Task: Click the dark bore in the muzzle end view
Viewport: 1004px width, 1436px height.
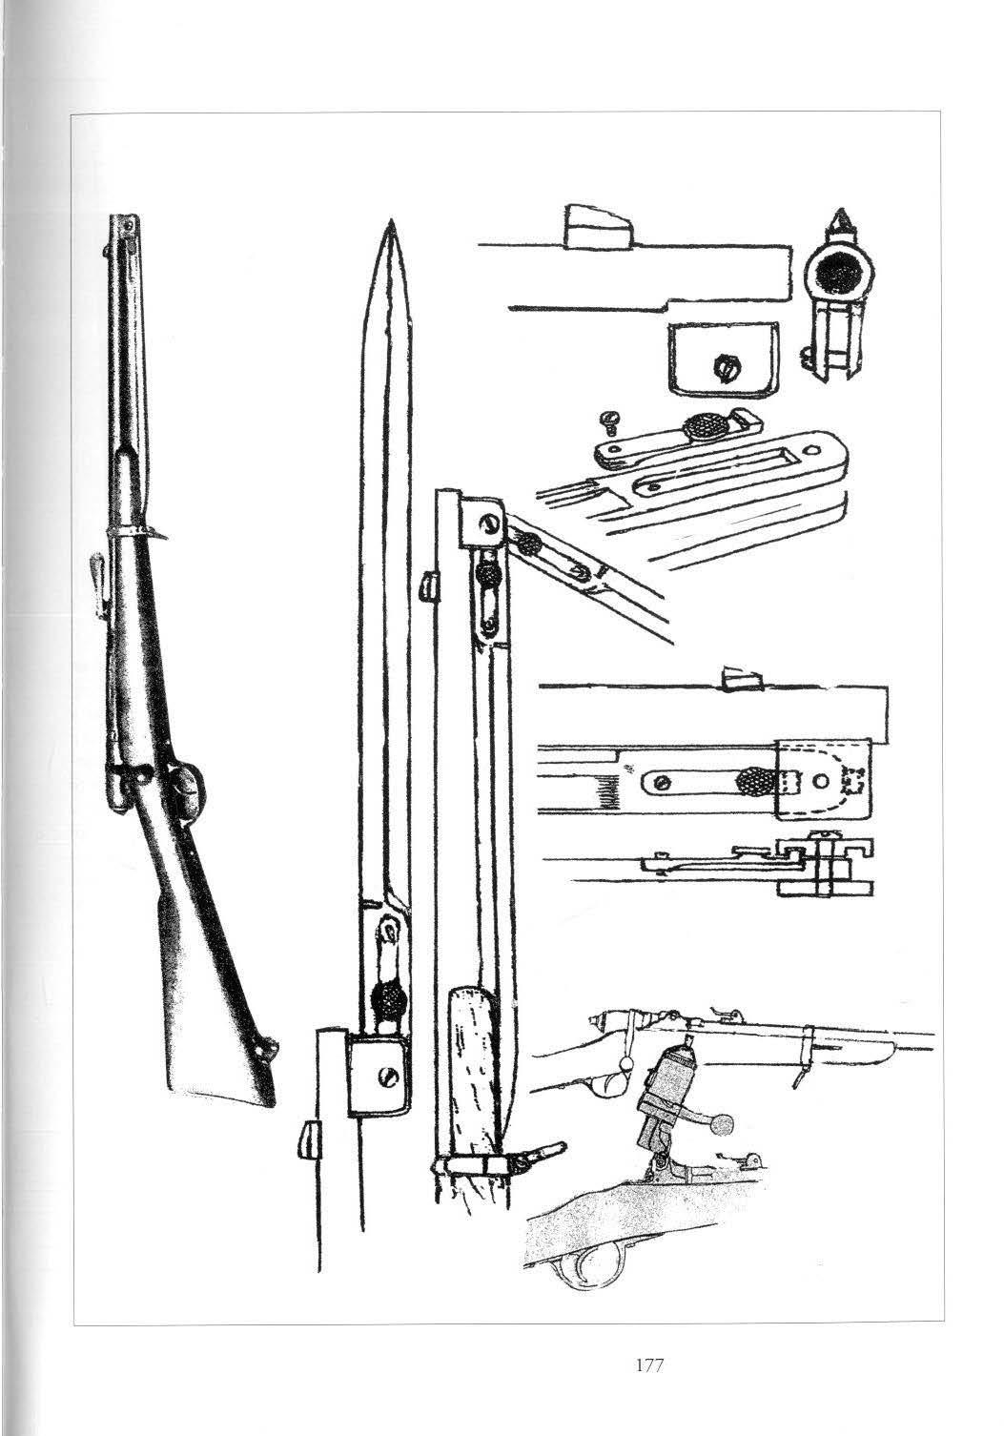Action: (837, 275)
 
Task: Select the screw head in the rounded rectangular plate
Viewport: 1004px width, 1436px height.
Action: (725, 364)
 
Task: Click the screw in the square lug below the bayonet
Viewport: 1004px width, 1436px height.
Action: (386, 1077)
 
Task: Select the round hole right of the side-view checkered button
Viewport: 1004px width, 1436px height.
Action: (821, 781)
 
